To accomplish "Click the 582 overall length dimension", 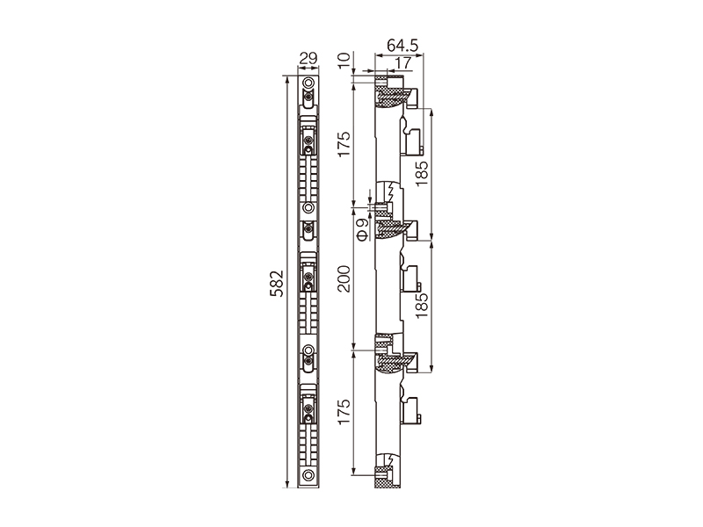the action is click(x=277, y=283).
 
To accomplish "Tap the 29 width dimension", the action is click(x=308, y=58).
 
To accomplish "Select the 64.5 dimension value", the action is click(x=402, y=46).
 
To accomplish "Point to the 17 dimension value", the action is click(x=403, y=63).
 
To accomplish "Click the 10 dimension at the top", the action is click(x=345, y=60).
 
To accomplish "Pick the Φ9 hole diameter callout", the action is click(x=363, y=229).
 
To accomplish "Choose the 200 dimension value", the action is click(x=344, y=278).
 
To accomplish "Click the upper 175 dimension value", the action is click(x=344, y=144).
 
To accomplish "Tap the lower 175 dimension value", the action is click(x=344, y=412).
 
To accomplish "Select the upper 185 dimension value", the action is click(x=422, y=173).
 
